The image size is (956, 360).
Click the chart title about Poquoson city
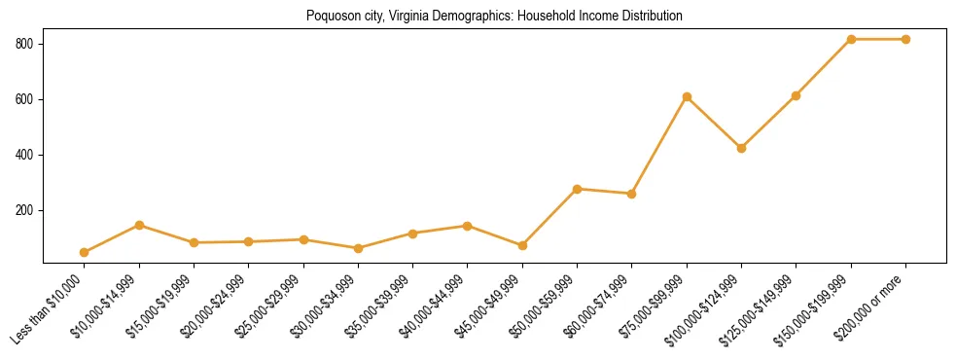494,17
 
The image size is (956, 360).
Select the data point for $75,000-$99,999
687,96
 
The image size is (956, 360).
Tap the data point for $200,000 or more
905,39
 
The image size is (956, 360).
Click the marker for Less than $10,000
85,252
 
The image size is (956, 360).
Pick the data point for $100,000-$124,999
741,148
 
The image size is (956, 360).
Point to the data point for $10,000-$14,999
139,225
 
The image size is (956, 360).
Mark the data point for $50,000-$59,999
577,189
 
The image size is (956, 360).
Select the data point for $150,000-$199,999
851,39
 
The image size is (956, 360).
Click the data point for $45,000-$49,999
522,245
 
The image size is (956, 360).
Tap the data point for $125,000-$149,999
796,95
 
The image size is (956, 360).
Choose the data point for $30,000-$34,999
358,248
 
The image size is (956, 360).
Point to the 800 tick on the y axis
25,44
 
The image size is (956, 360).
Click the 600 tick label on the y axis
25,99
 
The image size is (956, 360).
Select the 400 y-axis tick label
25,155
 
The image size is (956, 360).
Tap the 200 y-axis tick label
25,210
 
